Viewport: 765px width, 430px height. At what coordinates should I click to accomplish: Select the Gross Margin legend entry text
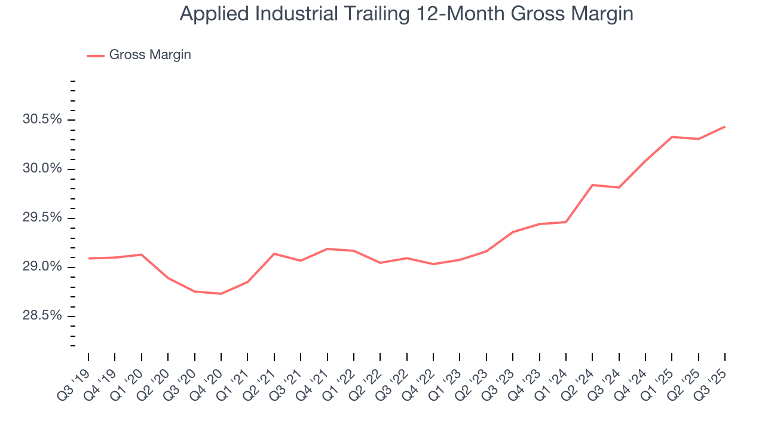[150, 55]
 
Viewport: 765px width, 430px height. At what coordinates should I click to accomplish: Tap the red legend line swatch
[96, 56]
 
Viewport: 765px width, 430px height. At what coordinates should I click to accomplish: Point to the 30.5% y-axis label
[42, 119]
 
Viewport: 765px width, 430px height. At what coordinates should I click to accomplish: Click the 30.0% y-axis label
[42, 169]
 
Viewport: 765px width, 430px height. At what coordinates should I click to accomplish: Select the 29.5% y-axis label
[42, 218]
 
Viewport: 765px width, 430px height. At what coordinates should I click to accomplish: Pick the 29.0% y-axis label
[42, 267]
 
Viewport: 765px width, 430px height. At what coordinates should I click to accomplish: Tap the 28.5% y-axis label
[42, 316]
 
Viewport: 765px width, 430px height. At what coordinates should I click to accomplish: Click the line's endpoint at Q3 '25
[725, 127]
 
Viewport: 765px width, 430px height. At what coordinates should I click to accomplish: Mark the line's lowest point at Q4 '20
[221, 294]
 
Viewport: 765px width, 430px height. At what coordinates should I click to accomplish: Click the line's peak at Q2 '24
[592, 185]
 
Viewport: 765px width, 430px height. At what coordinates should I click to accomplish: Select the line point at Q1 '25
[672, 137]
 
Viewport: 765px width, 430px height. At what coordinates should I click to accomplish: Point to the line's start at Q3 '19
[88, 259]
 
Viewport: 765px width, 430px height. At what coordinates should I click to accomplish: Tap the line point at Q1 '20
[142, 254]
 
